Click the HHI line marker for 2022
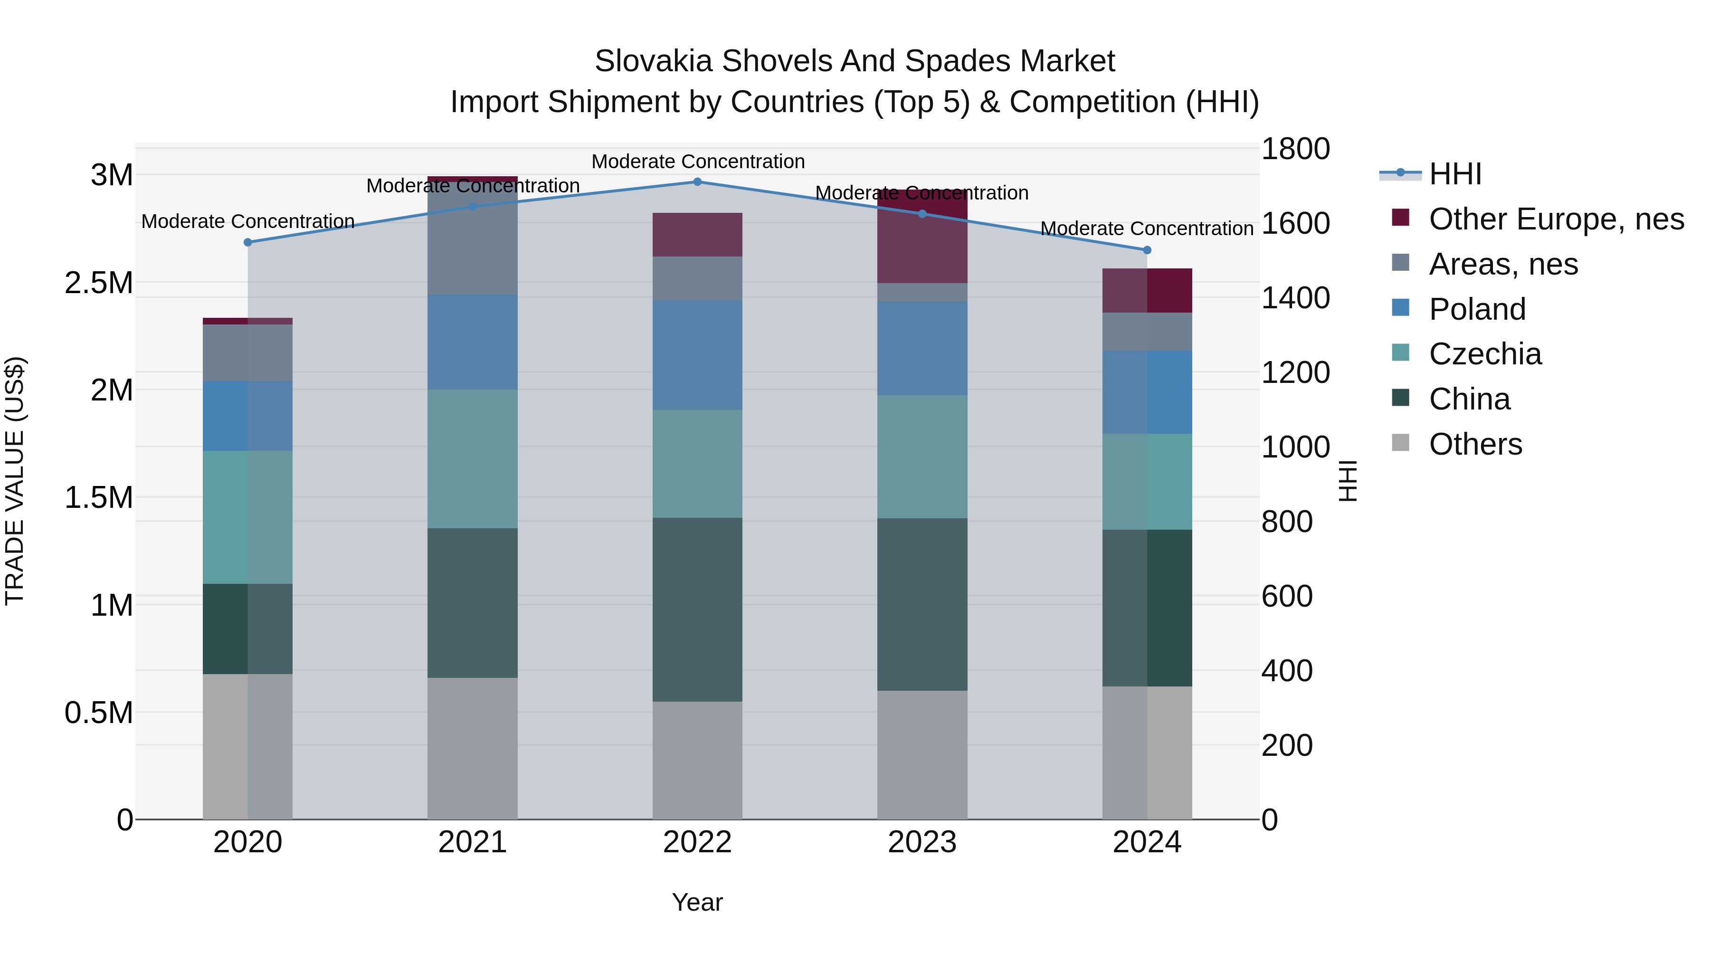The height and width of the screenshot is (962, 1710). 697,182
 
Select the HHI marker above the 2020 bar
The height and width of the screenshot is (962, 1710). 247,242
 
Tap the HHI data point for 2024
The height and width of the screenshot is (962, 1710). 1147,250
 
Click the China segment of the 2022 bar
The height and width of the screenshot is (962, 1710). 697,610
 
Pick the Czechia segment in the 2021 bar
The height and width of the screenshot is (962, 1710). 472,459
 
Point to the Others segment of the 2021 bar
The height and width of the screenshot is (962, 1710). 472,748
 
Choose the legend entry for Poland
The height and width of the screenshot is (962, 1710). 1477,309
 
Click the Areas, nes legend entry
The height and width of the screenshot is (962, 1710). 1503,264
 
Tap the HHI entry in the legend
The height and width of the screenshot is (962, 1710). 1454,174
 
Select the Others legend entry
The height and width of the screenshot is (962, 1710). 1475,444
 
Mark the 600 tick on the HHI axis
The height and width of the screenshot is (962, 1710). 1286,596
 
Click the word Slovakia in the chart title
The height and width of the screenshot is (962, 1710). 653,61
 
